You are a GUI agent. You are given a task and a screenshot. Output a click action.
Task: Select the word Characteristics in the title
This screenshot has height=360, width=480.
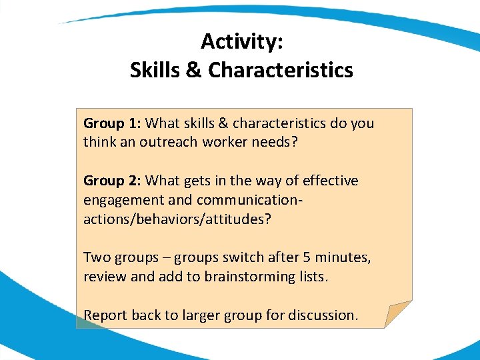click(x=281, y=70)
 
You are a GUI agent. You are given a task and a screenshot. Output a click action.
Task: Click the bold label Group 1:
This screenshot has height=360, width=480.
click(x=112, y=123)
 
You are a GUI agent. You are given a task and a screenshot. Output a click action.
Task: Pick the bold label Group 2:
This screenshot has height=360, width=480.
click(x=112, y=181)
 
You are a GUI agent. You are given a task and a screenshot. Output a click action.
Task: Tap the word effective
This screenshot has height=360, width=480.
click(x=330, y=181)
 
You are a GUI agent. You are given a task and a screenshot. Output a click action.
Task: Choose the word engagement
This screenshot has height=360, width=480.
click(x=119, y=200)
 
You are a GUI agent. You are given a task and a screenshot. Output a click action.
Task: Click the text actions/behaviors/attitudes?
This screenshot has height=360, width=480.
click(x=177, y=219)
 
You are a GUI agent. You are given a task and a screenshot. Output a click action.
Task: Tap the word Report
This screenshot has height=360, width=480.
click(x=105, y=315)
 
